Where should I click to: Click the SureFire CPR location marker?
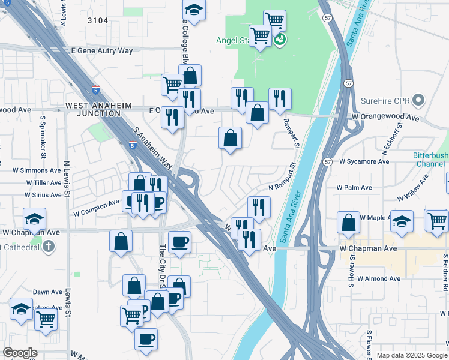(419, 100)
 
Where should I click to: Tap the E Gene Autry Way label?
(101, 51)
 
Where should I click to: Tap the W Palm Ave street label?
(354, 187)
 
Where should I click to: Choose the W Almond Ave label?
(378, 278)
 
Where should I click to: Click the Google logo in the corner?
(20, 353)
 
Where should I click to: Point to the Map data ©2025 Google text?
(412, 355)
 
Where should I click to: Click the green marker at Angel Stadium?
(279, 40)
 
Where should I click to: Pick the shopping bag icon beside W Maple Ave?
(348, 223)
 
